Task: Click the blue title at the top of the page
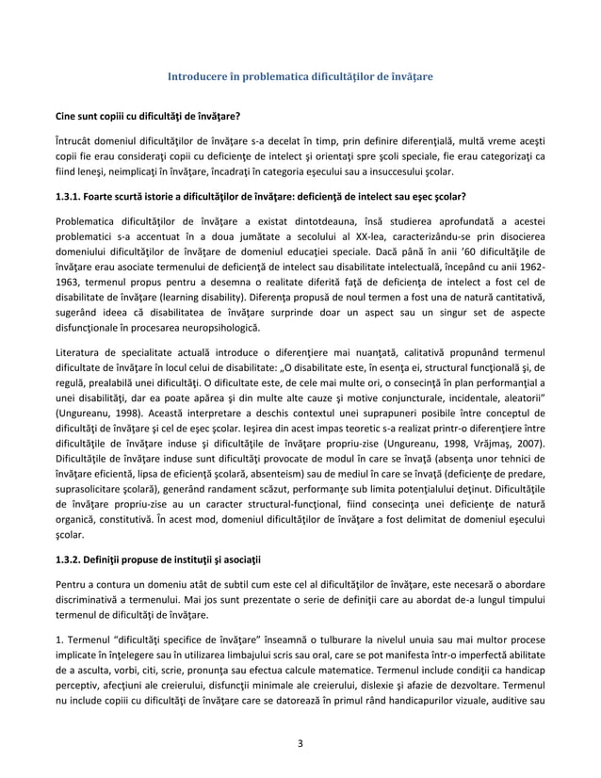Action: coord(300,75)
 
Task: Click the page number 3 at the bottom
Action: coord(300,742)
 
